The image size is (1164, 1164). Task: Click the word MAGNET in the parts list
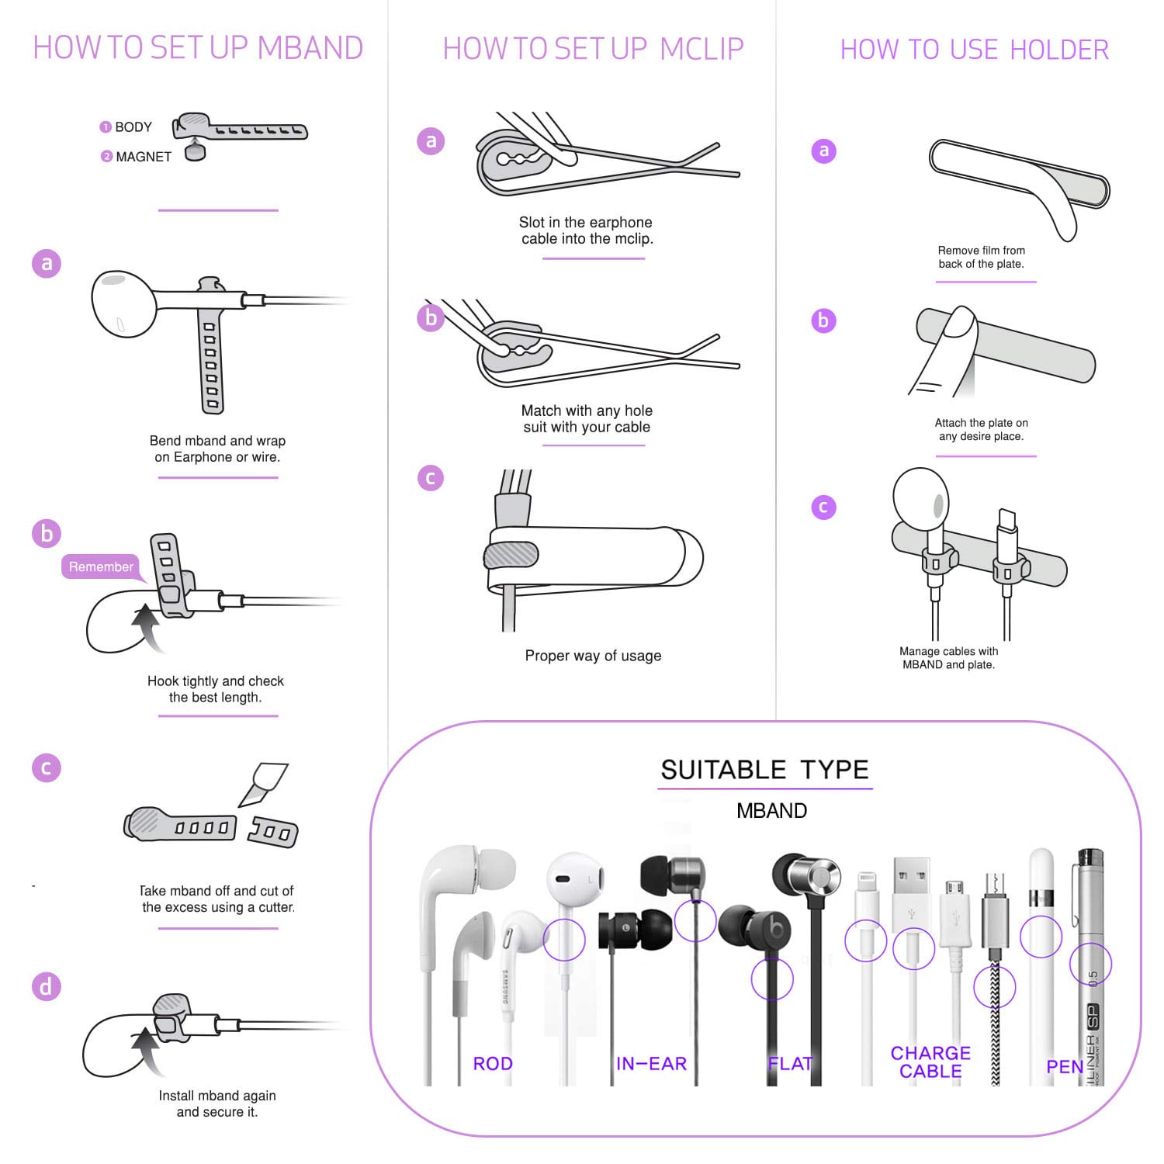(x=144, y=157)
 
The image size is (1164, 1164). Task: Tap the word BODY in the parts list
(x=133, y=127)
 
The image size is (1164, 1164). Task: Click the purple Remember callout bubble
(x=101, y=566)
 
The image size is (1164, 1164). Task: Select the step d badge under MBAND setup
(x=47, y=987)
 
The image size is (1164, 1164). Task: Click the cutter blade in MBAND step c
(x=264, y=784)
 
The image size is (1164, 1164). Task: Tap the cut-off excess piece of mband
(x=273, y=832)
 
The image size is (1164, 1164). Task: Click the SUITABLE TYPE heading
(x=764, y=770)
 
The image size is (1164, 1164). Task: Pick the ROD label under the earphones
(x=493, y=1064)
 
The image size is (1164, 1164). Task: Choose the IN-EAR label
(x=652, y=1064)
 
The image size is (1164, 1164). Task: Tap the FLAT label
(x=791, y=1064)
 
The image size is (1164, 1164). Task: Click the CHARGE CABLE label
(x=930, y=1062)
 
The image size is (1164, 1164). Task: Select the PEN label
(x=1065, y=1067)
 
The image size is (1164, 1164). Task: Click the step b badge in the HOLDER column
(x=823, y=320)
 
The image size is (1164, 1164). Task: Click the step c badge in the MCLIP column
(x=431, y=477)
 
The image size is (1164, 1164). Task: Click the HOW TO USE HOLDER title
(x=975, y=50)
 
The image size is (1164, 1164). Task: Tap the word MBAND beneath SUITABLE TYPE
(x=771, y=811)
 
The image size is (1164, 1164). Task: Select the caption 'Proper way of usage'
(x=593, y=656)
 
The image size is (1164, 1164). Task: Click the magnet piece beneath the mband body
(x=196, y=151)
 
